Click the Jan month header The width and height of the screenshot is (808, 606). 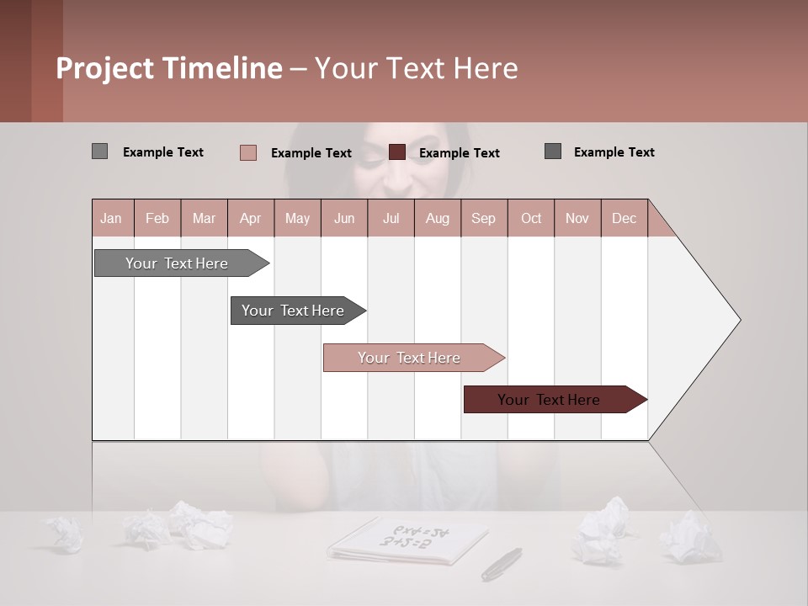(112, 218)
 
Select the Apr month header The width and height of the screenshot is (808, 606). (251, 218)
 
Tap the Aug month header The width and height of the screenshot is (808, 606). (438, 218)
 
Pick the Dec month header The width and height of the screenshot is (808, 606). (625, 218)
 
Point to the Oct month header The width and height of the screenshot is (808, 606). (531, 218)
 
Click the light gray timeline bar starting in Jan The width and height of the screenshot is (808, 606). (178, 263)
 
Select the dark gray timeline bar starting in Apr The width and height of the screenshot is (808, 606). (294, 311)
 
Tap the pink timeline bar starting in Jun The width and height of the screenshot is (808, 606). (410, 358)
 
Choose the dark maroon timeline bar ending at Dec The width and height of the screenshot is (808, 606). (550, 400)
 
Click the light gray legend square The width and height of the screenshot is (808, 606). (99, 151)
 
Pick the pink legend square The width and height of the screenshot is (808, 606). (247, 152)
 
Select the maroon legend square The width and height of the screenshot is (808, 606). (397, 152)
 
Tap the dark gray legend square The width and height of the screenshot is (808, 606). (553, 151)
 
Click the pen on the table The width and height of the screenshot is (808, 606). (502, 563)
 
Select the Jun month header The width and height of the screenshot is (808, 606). (344, 218)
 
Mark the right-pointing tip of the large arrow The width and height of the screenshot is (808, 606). (739, 320)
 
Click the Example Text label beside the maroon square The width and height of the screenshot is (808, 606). (460, 153)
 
